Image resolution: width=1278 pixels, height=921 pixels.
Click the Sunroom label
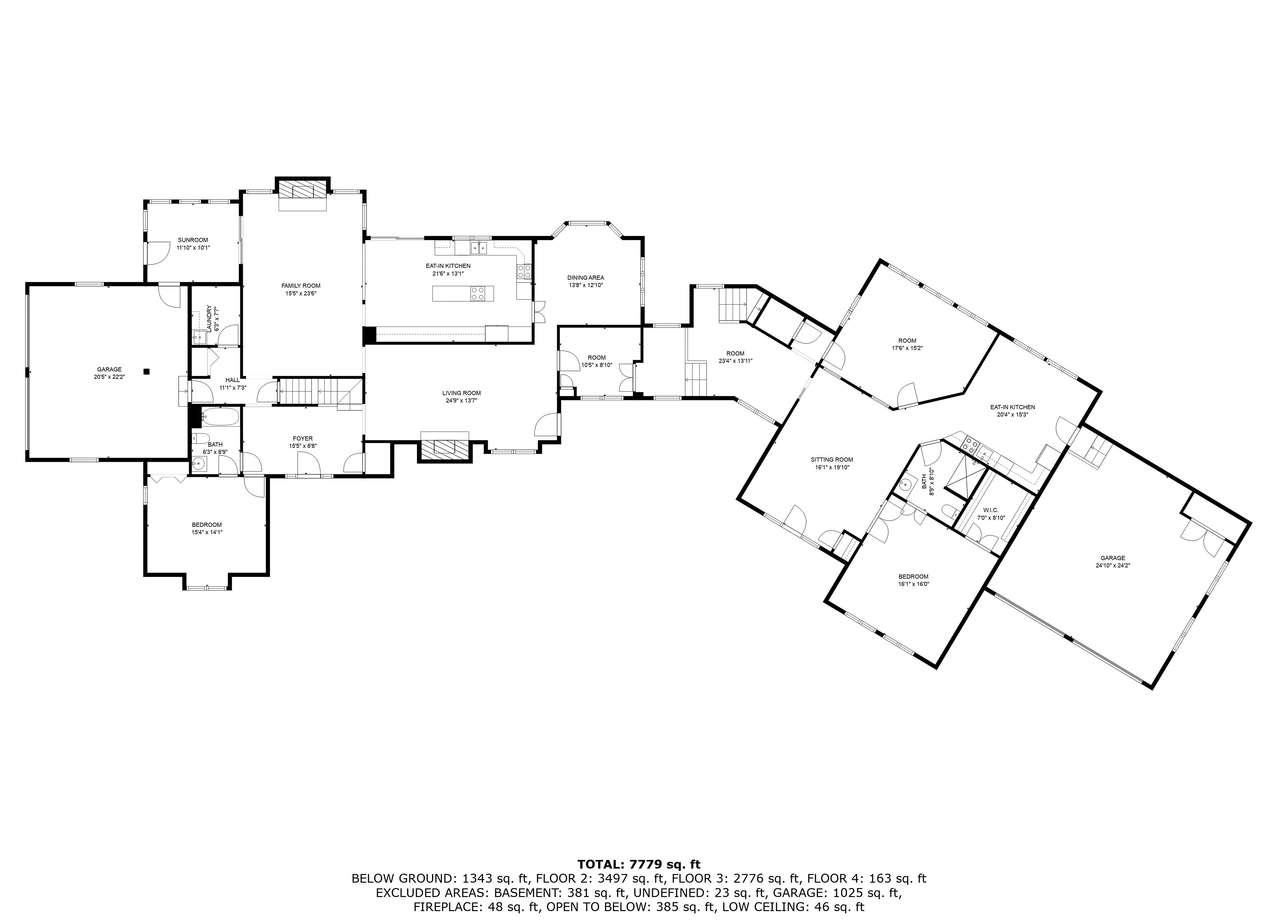click(x=193, y=240)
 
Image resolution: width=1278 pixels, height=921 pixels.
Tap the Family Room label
click(x=301, y=286)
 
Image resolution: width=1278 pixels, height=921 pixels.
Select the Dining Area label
click(x=585, y=278)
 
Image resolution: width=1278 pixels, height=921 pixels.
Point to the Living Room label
click(x=461, y=394)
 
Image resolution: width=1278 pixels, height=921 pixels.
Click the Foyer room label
click(x=303, y=439)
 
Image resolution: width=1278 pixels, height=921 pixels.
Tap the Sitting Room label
click(x=832, y=459)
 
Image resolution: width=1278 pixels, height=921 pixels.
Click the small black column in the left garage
click(x=147, y=371)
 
